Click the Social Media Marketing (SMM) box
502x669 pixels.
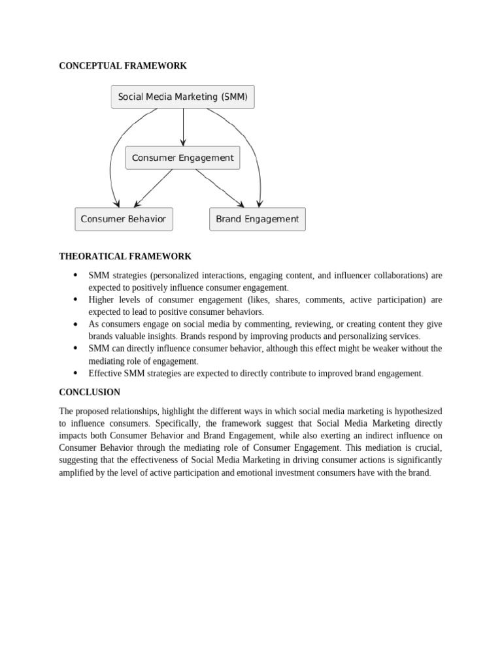[x=183, y=97]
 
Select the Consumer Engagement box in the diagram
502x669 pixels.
[x=183, y=158]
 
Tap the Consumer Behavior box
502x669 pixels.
[x=124, y=219]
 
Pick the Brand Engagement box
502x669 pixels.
[x=257, y=219]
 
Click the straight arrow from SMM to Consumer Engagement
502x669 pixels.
[x=183, y=127]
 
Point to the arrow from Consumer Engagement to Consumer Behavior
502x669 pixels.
[x=153, y=188]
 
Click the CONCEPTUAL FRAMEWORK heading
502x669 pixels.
[x=123, y=66]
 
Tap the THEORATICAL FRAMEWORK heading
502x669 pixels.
[x=125, y=257]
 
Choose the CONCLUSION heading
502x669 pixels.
[x=90, y=393]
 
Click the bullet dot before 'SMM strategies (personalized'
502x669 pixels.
[x=75, y=275]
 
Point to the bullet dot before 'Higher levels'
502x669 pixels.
[x=75, y=300]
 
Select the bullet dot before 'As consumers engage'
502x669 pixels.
[x=75, y=324]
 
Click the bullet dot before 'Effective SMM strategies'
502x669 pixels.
[x=75, y=373]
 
